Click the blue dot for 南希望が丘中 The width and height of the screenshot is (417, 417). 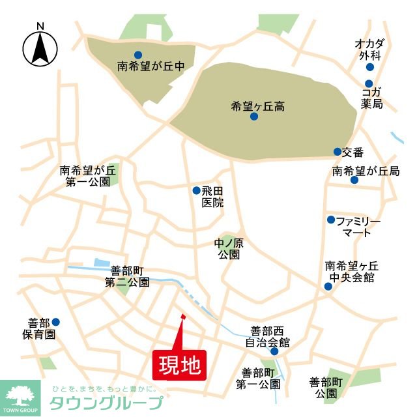[138, 55]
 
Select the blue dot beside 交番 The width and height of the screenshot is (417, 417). [337, 152]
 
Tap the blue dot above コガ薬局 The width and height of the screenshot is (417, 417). [369, 83]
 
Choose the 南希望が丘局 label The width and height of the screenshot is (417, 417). [365, 171]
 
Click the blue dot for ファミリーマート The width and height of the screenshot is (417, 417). [331, 220]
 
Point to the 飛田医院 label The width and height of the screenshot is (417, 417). [212, 197]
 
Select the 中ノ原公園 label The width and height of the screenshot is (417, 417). [229, 249]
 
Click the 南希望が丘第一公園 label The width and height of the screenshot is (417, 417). [87, 176]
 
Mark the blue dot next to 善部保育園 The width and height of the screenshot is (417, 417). [56, 322]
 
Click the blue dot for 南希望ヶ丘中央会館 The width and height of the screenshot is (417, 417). [327, 287]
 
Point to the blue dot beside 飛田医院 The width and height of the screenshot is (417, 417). [196, 191]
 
